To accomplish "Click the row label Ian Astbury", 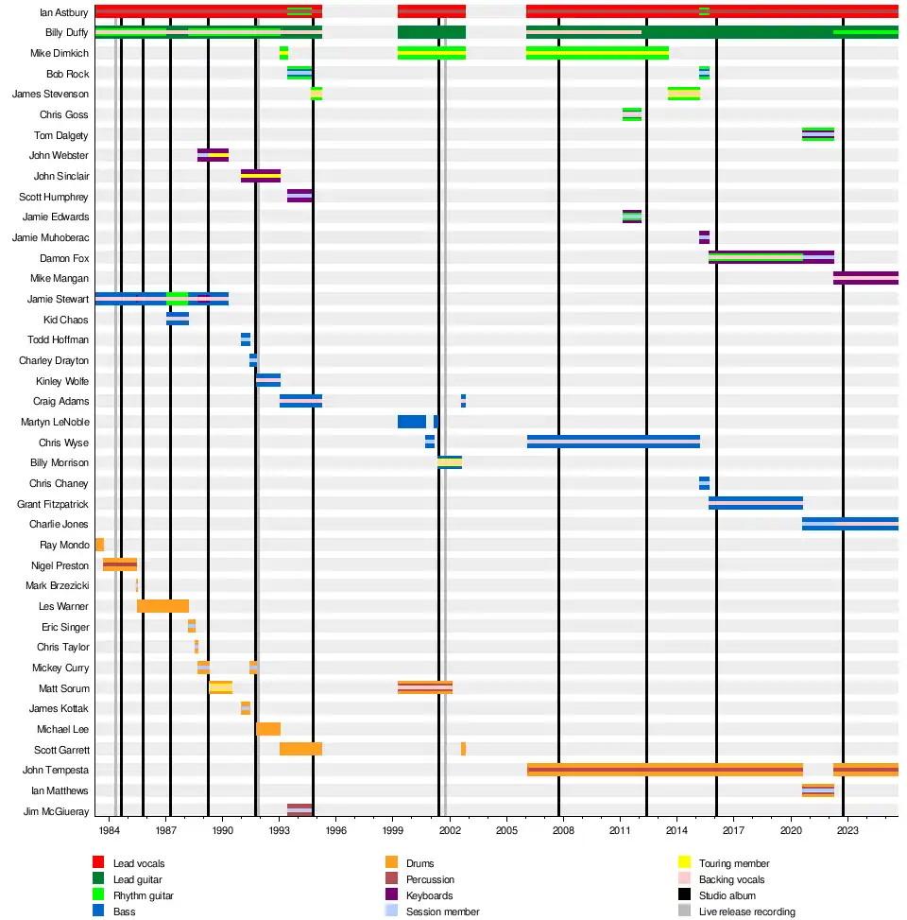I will (x=64, y=12).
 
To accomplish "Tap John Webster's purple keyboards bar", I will (x=213, y=155).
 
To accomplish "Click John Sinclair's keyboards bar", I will (x=261, y=176).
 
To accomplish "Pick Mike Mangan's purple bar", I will (x=865, y=278).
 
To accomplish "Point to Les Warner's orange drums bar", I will (x=163, y=606).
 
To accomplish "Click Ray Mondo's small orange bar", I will (x=99, y=545).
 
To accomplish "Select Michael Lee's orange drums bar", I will (x=268, y=729).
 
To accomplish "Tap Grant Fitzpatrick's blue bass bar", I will (x=756, y=503).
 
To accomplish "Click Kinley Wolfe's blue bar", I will (x=268, y=380).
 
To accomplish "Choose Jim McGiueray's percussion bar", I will (x=299, y=810).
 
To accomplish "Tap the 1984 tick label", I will (x=110, y=830).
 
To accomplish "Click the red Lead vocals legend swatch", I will (x=97, y=863).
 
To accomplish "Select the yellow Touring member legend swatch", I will (x=685, y=863).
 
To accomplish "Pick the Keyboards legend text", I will (x=429, y=895).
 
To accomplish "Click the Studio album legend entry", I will (x=727, y=895).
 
